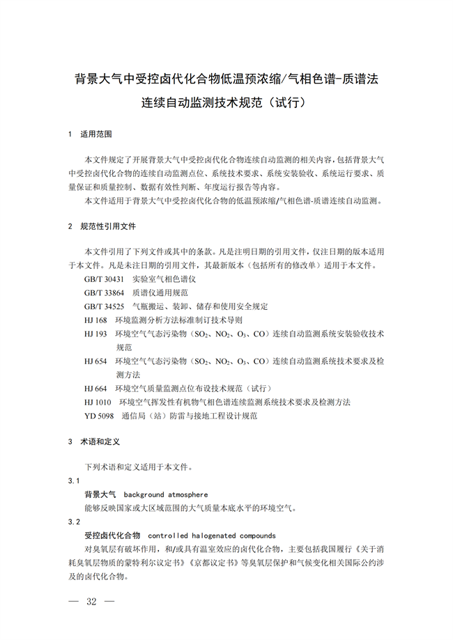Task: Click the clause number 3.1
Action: coord(74,481)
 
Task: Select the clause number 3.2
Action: coord(74,522)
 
